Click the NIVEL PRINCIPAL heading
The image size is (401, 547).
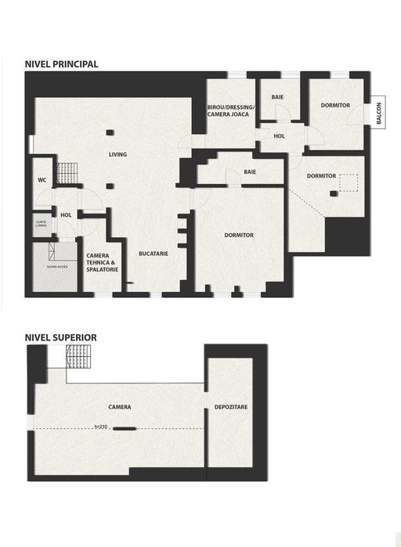click(x=61, y=64)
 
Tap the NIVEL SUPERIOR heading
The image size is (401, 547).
click(x=60, y=337)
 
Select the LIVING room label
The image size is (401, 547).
click(x=117, y=155)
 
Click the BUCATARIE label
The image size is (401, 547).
click(x=154, y=254)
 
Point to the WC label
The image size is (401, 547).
click(x=42, y=180)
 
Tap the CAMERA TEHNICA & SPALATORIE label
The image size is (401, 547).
click(x=102, y=263)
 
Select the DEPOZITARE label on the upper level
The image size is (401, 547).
click(x=230, y=408)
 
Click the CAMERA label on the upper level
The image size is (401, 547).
click(x=120, y=408)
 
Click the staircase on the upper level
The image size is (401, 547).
click(x=79, y=358)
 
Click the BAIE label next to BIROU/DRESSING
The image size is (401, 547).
click(x=277, y=97)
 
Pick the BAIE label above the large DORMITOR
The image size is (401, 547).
click(x=250, y=171)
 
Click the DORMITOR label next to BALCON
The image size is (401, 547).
click(x=335, y=105)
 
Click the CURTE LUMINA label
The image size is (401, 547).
click(x=41, y=223)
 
